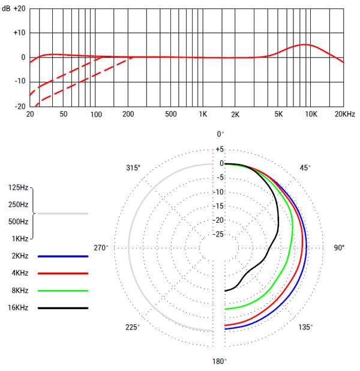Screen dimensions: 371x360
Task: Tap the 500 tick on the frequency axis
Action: pyautogui.click(x=171, y=114)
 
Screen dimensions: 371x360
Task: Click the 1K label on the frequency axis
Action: pyautogui.click(x=203, y=114)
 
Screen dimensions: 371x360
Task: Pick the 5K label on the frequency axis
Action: pyautogui.click(x=278, y=114)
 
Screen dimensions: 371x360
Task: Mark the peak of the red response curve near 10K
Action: pyautogui.click(x=306, y=44)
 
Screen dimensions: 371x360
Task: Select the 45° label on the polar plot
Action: pyautogui.click(x=305, y=168)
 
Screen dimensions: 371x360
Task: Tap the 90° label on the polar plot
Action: pyautogui.click(x=340, y=248)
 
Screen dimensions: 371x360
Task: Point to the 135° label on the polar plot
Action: pyautogui.click(x=305, y=327)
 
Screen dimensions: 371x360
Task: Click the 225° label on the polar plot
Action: pyautogui.click(x=133, y=327)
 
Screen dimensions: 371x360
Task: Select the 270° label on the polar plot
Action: pyautogui.click(x=100, y=248)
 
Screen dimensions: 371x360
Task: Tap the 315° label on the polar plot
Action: pyautogui.click(x=133, y=168)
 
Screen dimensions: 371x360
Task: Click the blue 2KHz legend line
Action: pyautogui.click(x=63, y=256)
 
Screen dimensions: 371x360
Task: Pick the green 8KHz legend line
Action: pyautogui.click(x=63, y=291)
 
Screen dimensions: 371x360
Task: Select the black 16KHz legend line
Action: pyautogui.click(x=63, y=308)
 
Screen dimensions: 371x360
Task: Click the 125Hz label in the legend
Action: pyautogui.click(x=18, y=188)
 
